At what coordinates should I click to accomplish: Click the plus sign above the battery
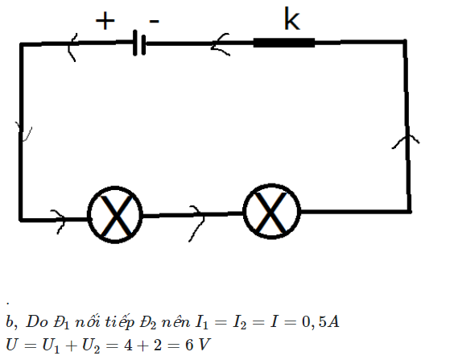click(x=105, y=21)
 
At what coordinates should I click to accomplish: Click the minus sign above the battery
click(x=155, y=21)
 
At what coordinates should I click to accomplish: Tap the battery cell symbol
click(x=139, y=43)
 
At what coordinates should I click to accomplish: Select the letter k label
click(x=291, y=19)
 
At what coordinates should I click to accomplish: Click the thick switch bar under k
click(x=284, y=43)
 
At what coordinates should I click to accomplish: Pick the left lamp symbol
click(x=115, y=215)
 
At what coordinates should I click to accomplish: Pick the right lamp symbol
click(x=271, y=212)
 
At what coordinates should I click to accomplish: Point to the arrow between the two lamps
click(x=197, y=222)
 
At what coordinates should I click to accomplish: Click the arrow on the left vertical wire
click(x=23, y=132)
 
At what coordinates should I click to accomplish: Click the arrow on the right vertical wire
click(x=406, y=140)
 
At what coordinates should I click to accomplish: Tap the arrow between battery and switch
click(x=220, y=44)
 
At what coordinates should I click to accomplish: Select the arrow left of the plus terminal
click(x=72, y=48)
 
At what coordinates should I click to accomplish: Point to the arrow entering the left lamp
click(x=59, y=221)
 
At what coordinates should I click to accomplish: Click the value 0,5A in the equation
click(x=320, y=321)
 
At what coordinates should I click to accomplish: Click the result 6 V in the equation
click(x=197, y=345)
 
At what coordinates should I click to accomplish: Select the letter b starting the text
click(x=10, y=321)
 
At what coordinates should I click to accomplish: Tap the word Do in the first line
click(x=37, y=322)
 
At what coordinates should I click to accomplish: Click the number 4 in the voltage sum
click(x=129, y=345)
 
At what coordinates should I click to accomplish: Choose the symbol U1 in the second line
click(x=51, y=346)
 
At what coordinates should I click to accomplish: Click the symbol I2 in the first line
click(x=240, y=322)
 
